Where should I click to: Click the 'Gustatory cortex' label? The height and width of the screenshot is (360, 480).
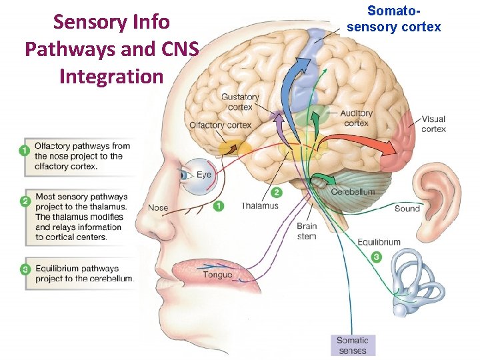click(240, 102)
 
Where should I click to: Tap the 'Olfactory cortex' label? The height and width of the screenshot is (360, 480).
click(220, 125)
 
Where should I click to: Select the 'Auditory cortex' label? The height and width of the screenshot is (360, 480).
click(356, 118)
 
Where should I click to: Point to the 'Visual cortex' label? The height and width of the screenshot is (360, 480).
click(433, 124)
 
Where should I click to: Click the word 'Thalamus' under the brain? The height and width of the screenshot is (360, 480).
click(260, 206)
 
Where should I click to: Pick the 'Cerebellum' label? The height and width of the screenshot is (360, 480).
click(353, 192)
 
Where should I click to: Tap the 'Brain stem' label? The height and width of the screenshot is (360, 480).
click(307, 231)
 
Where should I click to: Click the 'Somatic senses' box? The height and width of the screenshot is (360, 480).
click(352, 345)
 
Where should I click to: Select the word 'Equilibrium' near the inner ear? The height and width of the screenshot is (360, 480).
click(379, 242)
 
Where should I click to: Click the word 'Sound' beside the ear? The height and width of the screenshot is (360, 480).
click(407, 208)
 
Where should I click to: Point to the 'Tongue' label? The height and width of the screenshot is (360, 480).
click(218, 275)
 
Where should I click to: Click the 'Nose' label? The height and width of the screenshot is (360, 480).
click(158, 207)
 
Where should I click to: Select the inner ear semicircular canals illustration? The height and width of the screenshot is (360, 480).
click(416, 280)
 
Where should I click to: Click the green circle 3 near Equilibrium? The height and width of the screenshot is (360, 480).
click(377, 257)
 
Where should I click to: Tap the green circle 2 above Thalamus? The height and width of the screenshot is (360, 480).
click(276, 192)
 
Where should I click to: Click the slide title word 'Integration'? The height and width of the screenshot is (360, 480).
click(111, 76)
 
